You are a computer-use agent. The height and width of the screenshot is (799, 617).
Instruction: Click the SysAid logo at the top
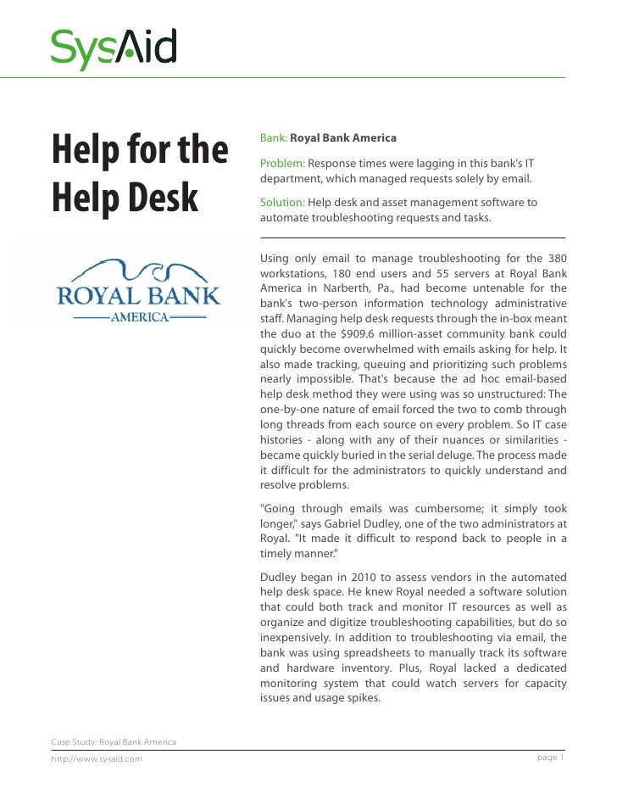(114, 47)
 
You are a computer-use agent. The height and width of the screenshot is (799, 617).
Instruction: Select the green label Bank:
(274, 137)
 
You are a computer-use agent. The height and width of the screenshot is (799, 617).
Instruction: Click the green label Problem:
(282, 163)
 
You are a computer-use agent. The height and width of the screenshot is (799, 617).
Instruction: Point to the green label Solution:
(282, 203)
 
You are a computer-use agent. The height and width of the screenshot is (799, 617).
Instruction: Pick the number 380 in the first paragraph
(555, 257)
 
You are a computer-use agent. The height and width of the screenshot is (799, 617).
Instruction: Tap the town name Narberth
(339, 288)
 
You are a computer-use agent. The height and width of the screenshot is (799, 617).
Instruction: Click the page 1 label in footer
(551, 757)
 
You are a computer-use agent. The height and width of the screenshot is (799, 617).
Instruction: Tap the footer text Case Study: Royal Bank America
(114, 742)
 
